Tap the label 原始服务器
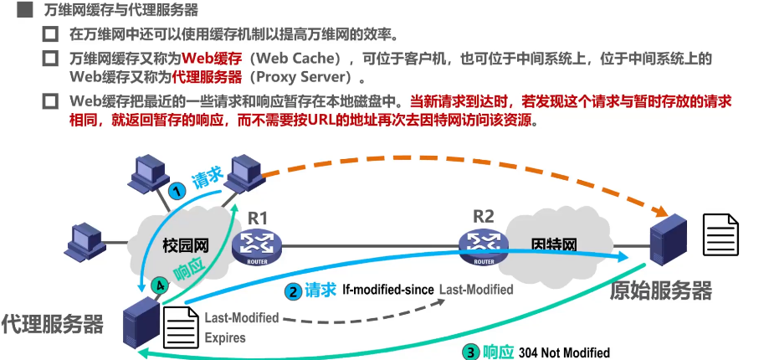pyautogui.click(x=661, y=291)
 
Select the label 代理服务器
pyautogui.click(x=53, y=323)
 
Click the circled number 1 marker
pyautogui.click(x=177, y=190)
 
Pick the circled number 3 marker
pyautogui.click(x=472, y=352)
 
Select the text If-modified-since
pyautogui.click(x=388, y=290)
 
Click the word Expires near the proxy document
pyautogui.click(x=225, y=338)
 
